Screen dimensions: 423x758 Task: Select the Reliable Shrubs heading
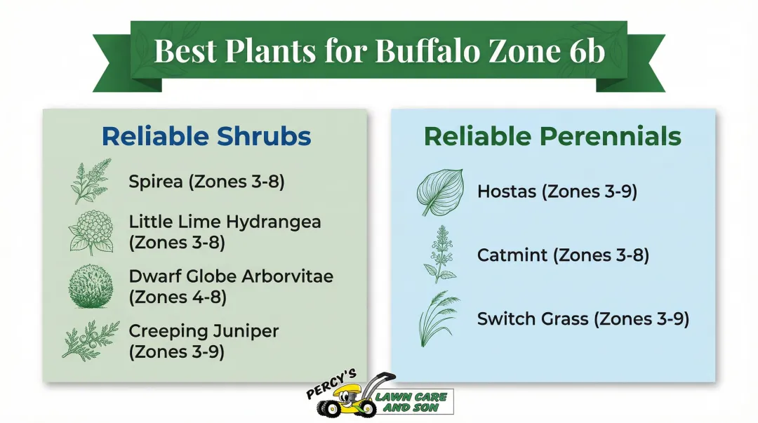tap(206, 136)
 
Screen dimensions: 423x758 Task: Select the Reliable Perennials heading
tap(552, 136)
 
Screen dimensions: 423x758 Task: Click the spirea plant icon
tap(91, 181)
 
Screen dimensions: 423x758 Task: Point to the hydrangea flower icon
tap(91, 231)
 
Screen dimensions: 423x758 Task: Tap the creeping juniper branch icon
tap(90, 340)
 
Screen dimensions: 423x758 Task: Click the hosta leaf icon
tap(439, 192)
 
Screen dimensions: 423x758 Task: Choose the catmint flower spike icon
tap(440, 253)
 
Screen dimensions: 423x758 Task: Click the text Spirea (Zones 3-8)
tap(206, 182)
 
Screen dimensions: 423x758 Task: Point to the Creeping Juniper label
tap(204, 330)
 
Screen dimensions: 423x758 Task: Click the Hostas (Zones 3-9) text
tap(557, 191)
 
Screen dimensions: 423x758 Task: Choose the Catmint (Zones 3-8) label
tap(563, 255)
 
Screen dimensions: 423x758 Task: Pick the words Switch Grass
tap(533, 319)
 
